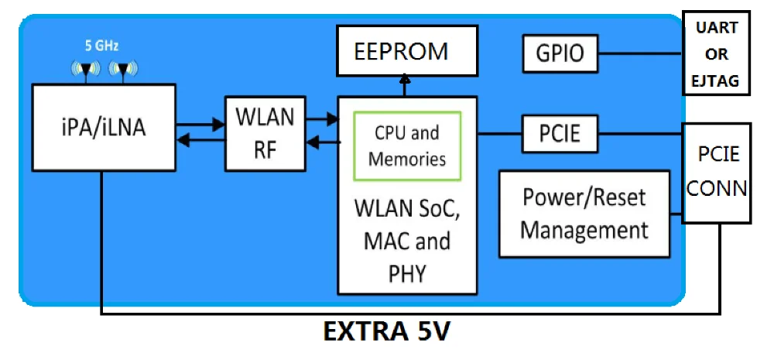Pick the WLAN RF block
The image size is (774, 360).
point(264,132)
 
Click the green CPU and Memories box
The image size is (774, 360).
point(406,146)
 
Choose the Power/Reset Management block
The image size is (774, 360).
point(584,214)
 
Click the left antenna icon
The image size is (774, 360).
point(84,70)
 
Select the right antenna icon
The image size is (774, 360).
point(122,70)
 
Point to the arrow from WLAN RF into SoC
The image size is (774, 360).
point(321,119)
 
